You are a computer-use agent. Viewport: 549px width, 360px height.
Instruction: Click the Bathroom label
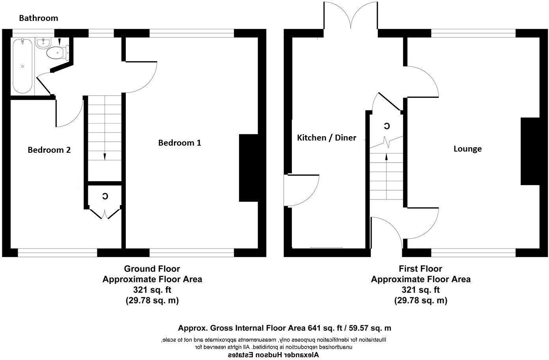tap(38, 18)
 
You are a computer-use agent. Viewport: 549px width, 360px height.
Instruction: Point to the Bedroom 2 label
tap(49, 150)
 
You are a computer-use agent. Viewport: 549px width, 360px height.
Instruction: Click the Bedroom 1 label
tap(179, 143)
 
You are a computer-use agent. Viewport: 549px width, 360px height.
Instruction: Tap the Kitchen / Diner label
tap(326, 138)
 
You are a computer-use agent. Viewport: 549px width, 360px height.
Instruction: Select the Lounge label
tap(467, 149)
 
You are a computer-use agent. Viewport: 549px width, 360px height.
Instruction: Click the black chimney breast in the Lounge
tap(530, 151)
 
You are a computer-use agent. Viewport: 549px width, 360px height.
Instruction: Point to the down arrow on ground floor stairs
tap(105, 156)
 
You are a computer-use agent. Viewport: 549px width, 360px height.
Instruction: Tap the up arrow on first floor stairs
tap(386, 156)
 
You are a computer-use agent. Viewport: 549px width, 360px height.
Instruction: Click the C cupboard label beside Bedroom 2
tap(105, 196)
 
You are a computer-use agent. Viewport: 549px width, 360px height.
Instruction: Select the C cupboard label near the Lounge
tap(387, 126)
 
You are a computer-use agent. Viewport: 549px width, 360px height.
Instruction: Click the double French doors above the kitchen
tap(351, 18)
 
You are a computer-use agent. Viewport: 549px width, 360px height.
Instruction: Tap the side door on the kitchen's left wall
tap(300, 190)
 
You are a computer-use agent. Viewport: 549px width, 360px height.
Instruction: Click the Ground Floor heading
tap(152, 269)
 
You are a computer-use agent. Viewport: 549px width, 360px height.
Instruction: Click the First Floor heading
tap(420, 269)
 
